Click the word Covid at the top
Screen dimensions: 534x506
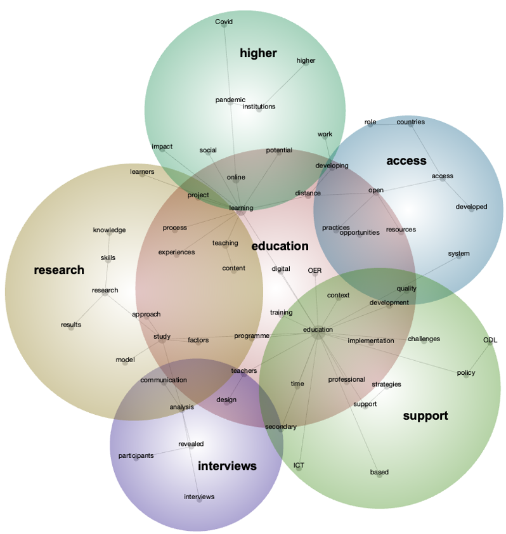[224, 22]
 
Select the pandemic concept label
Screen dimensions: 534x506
[230, 100]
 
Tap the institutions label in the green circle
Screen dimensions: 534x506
[259, 107]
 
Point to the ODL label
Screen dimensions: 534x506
[490, 341]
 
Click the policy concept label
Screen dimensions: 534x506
[466, 373]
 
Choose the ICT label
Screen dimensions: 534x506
[299, 466]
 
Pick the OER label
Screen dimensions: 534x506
[315, 271]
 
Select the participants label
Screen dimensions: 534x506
[136, 456]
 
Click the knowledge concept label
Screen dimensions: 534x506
[109, 230]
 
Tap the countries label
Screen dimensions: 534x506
[410, 122]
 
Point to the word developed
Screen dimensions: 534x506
[471, 207]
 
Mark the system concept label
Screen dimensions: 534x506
[458, 254]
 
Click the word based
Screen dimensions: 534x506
[379, 472]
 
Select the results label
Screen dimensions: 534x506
[71, 325]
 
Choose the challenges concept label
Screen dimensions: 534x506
[424, 339]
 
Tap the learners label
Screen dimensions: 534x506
[142, 172]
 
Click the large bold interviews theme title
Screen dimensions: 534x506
[227, 466]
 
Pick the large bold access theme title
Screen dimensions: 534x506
[406, 161]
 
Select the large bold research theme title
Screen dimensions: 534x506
[59, 270]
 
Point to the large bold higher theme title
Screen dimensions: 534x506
[258, 53]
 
